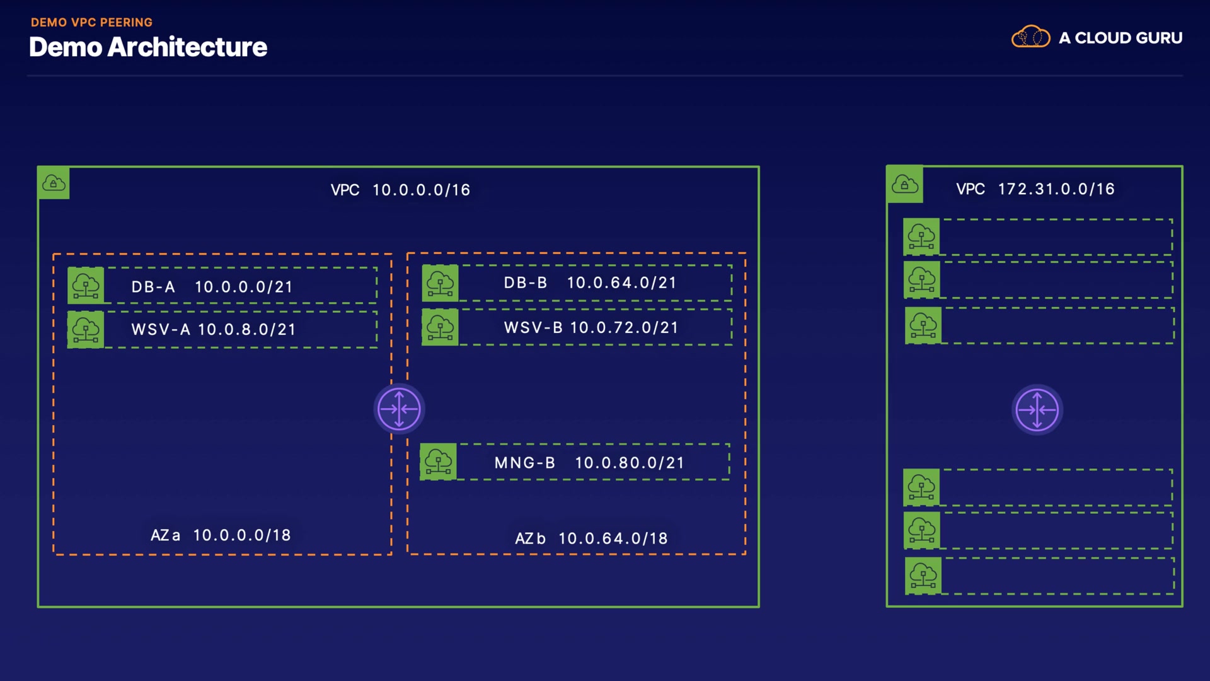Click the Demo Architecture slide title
(148, 47)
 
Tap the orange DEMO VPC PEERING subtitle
(91, 23)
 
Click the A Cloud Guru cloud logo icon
(1030, 37)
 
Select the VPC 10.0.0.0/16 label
(400, 190)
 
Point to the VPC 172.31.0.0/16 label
(1035, 189)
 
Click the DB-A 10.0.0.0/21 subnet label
(212, 287)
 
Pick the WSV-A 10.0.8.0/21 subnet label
(214, 329)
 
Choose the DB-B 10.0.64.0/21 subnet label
(590, 282)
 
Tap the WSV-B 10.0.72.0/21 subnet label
(591, 328)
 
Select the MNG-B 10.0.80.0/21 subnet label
(589, 463)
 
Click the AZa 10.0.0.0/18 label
(221, 535)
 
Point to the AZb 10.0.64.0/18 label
(591, 538)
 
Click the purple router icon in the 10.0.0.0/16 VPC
(399, 409)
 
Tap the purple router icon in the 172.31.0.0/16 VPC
(1037, 410)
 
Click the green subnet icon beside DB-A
(86, 286)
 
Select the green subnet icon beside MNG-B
(438, 462)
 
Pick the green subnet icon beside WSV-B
(440, 327)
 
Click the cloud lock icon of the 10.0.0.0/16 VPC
(54, 183)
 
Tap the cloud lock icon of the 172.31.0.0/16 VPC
(904, 184)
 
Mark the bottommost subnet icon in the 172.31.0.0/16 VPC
(923, 575)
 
